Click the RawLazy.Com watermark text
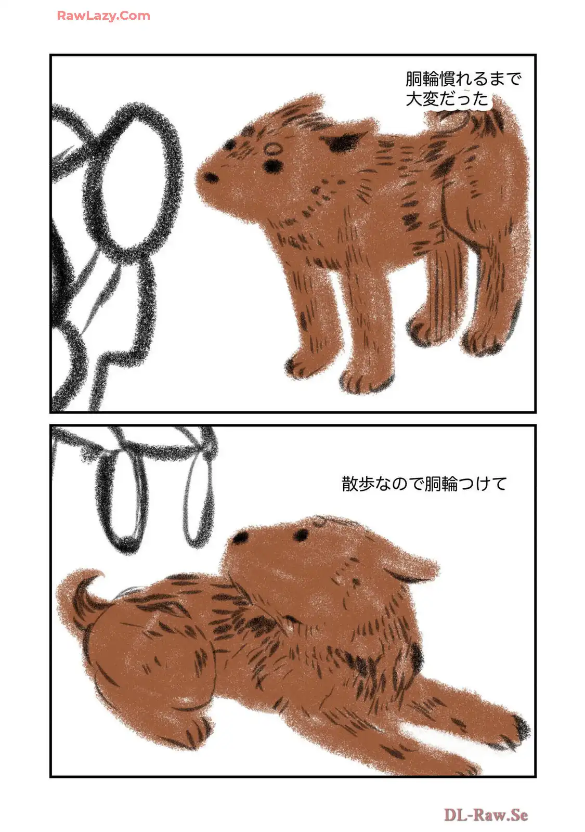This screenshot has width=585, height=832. tap(103, 16)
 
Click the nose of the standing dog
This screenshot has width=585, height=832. tap(211, 177)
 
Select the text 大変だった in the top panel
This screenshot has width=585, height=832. tap(447, 99)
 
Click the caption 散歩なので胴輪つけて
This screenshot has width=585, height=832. tap(424, 484)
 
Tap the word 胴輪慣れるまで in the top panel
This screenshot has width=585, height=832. tap(463, 79)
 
